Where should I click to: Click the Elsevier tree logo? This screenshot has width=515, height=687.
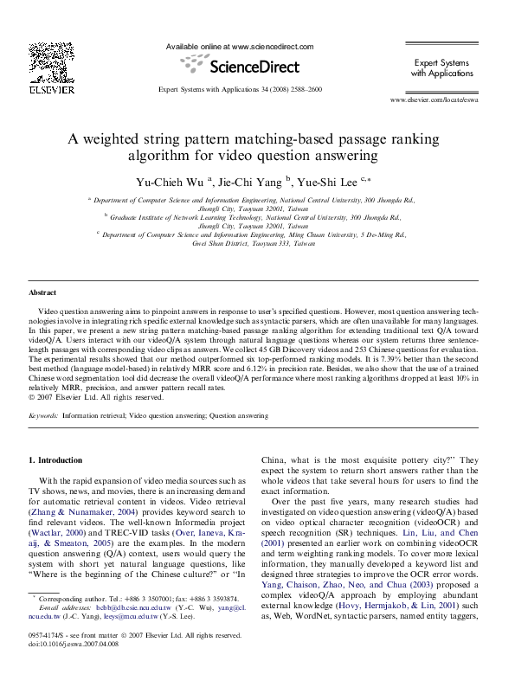pos(45,61)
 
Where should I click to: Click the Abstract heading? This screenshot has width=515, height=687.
pos(42,293)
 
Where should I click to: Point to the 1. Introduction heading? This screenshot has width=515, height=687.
pos(56,460)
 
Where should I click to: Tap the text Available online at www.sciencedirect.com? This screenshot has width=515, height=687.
pos(239,47)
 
